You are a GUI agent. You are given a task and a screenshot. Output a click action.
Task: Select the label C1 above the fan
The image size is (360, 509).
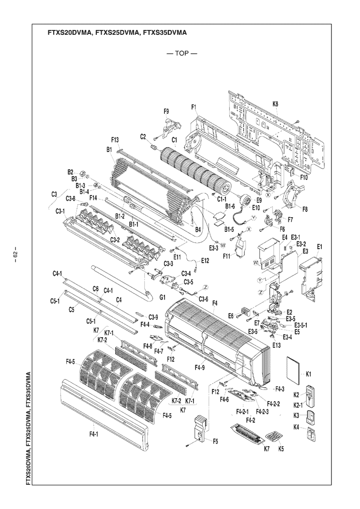pos(173,140)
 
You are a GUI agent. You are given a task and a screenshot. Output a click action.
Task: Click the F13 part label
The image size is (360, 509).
pos(115,140)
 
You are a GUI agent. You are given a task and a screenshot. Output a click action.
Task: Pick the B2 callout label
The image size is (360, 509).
pos(70,172)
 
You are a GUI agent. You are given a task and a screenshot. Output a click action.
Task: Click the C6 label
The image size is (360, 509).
pos(96,289)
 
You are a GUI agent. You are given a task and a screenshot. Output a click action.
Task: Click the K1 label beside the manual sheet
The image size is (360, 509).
pos(309,374)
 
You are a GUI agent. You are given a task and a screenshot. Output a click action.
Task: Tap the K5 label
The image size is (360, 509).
pos(281,449)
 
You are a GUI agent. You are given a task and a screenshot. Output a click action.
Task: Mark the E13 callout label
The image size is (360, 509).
pos(276,345)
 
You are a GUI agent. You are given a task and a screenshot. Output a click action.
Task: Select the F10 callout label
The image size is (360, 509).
pos(304,178)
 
